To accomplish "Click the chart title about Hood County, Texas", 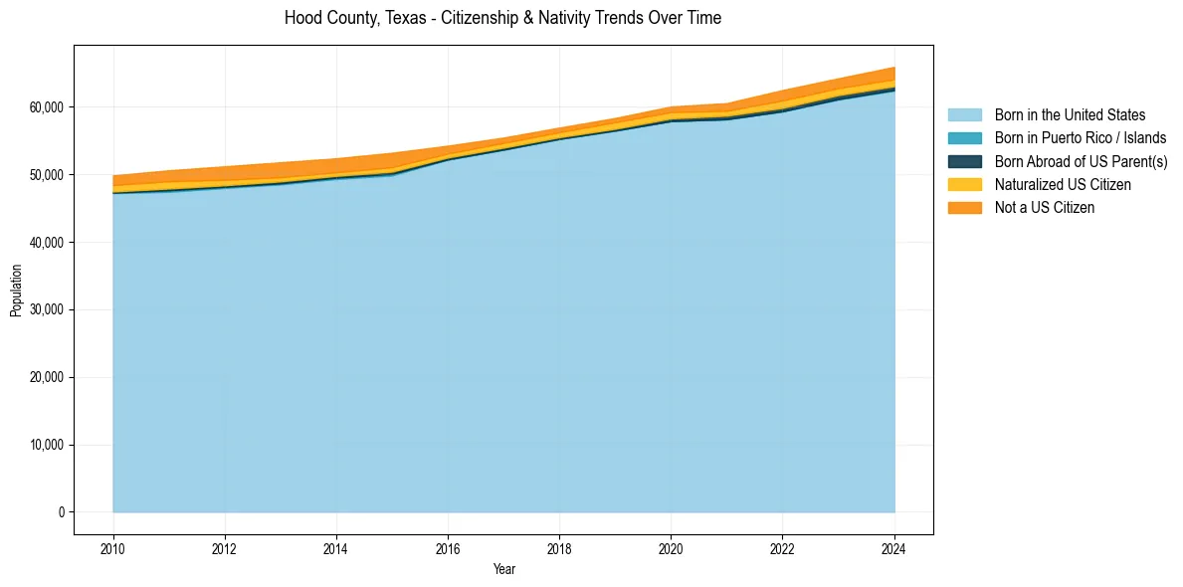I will tap(502, 18).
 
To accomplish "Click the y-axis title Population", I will tap(16, 291).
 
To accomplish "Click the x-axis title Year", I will tap(504, 569).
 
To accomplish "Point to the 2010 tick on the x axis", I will tap(113, 546).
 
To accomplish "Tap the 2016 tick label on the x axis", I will tap(448, 546).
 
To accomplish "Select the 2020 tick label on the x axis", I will tap(671, 546).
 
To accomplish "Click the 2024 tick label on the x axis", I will tap(894, 546).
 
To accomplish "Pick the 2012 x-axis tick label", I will tap(225, 546).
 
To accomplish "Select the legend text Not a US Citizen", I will tap(1045, 208).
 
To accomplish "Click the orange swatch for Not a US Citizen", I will tap(964, 208).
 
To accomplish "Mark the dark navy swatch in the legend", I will tap(964, 161).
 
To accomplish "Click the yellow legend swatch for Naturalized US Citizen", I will tap(964, 185).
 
